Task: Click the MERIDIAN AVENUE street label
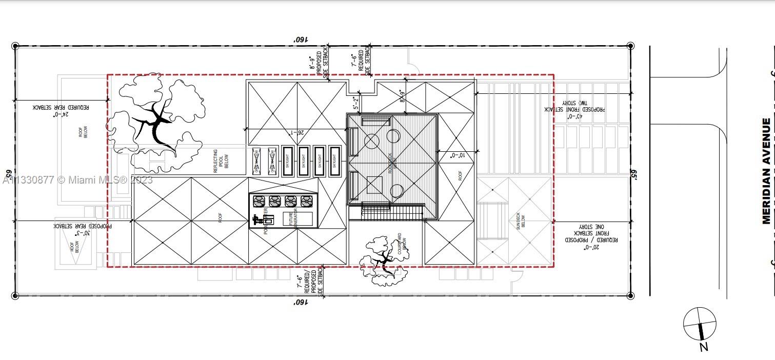pos(766,171)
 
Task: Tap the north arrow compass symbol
pos(700,325)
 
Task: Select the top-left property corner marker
pos(15,46)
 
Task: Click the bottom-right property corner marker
pos(631,295)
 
